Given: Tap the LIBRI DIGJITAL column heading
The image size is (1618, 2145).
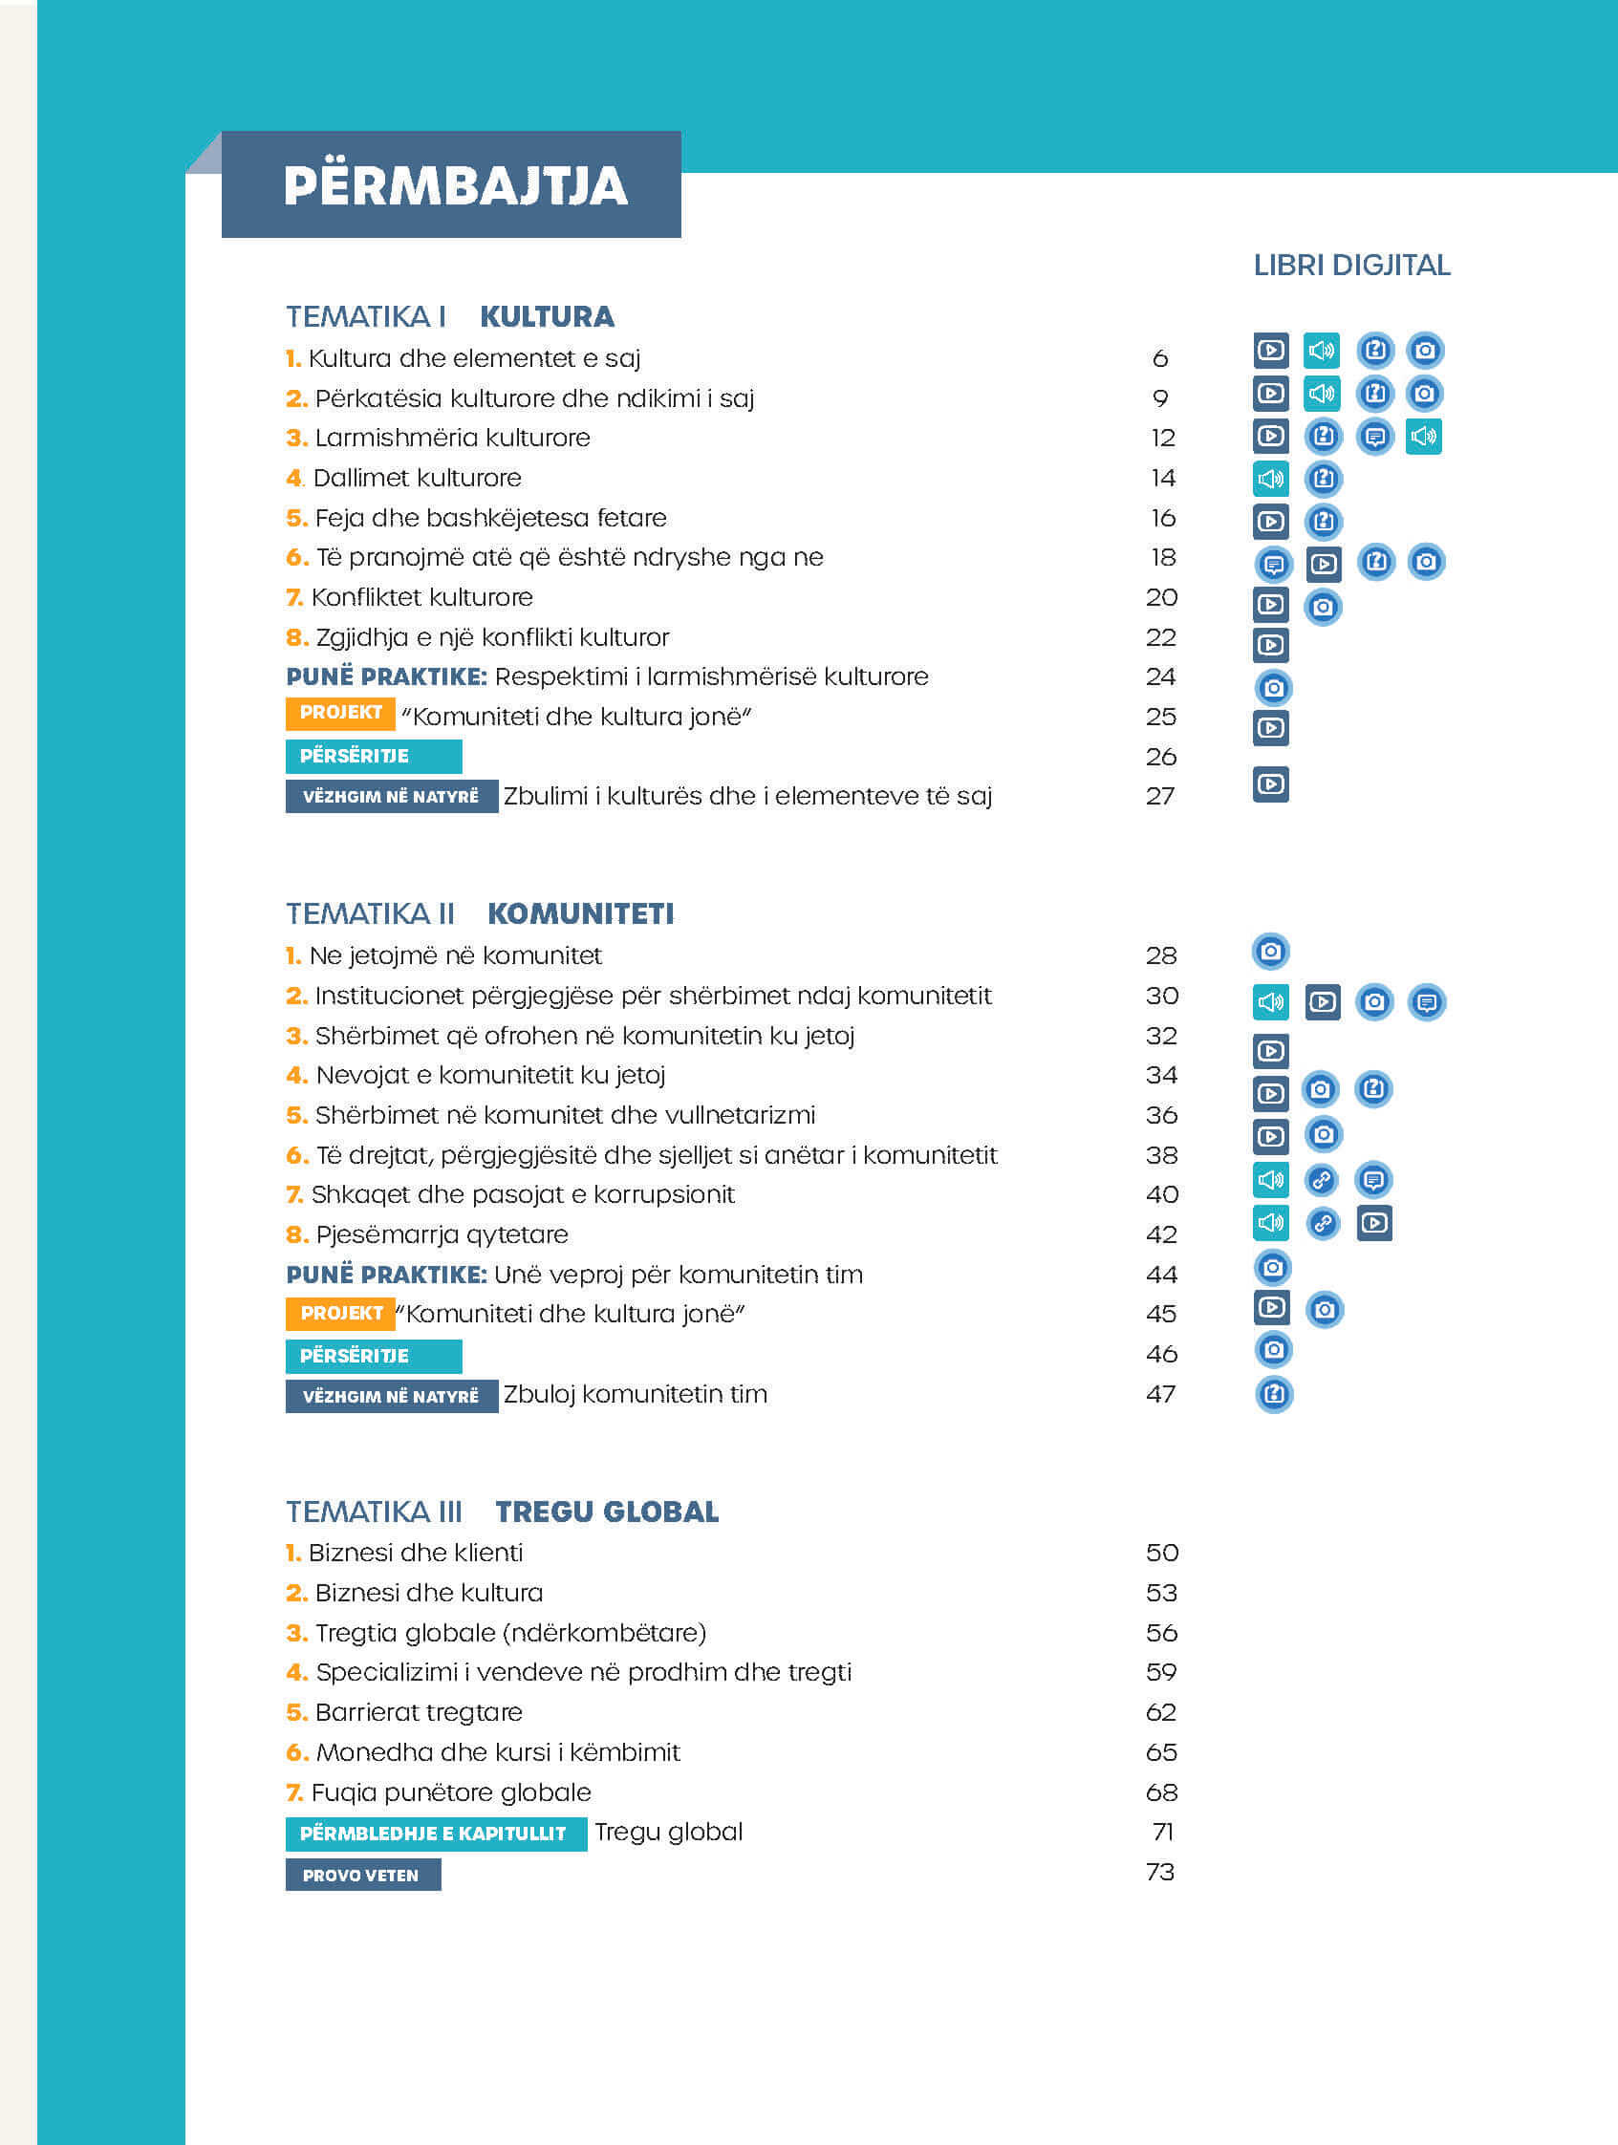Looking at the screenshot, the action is (1351, 265).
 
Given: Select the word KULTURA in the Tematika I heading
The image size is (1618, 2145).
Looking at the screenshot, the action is (547, 316).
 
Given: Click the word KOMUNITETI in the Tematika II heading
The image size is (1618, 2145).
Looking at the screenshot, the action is (580, 913).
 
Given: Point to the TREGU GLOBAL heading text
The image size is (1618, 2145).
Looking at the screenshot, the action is (607, 1512).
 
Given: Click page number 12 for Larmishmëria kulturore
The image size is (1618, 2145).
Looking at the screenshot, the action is (1163, 438).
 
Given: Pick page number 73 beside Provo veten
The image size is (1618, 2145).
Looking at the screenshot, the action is (1161, 1872).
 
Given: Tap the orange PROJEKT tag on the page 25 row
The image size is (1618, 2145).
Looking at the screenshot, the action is (340, 713).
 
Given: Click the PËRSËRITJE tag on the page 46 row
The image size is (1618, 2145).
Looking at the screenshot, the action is (374, 1356).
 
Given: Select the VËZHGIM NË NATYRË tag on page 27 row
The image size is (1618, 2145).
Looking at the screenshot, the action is (392, 796).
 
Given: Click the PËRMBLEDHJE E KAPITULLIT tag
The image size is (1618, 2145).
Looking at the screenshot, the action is (437, 1834).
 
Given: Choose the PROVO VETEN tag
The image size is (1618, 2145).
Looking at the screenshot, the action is (363, 1875).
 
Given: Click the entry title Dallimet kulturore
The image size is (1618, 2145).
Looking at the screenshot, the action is (417, 478).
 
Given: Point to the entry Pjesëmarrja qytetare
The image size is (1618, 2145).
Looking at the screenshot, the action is (442, 1235).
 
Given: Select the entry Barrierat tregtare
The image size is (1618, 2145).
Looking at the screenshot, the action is (419, 1712).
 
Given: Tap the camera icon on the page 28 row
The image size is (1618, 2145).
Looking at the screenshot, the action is (1271, 952).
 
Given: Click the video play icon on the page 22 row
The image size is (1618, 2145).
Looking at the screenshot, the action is (1271, 645).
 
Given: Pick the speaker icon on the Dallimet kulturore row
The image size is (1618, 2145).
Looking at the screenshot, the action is (1271, 478).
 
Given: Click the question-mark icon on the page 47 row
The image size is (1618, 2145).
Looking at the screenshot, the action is (1275, 1394).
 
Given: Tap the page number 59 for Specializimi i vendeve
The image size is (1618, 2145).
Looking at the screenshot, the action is (1161, 1672).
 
